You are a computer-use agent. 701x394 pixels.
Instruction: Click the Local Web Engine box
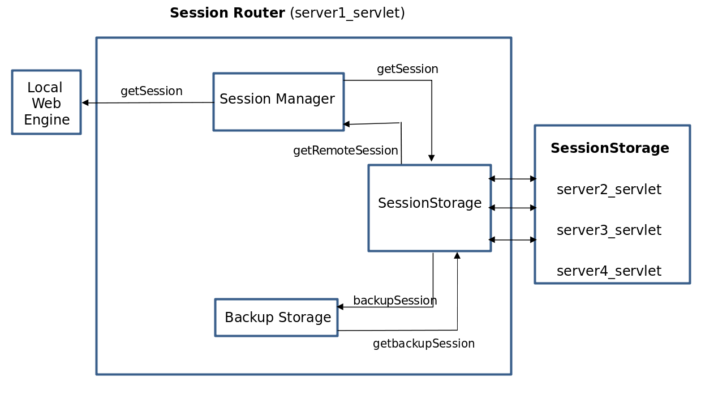pyautogui.click(x=46, y=102)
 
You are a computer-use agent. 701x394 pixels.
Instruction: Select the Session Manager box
pyautogui.click(x=278, y=101)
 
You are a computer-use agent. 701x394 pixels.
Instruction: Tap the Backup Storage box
pyautogui.click(x=277, y=318)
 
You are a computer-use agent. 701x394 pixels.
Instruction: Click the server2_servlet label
pyautogui.click(x=609, y=190)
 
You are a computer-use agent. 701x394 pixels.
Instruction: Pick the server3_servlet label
pyautogui.click(x=609, y=230)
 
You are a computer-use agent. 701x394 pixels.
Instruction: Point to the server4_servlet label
pyautogui.click(x=609, y=271)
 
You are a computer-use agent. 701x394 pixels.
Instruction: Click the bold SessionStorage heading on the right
pyautogui.click(x=609, y=148)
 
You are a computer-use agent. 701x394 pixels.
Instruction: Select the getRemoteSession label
pyautogui.click(x=345, y=151)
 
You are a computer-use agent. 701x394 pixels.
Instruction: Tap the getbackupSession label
pyautogui.click(x=423, y=344)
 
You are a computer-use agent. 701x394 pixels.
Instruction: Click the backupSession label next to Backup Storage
pyautogui.click(x=395, y=301)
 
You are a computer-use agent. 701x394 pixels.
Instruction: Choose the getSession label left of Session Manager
pyautogui.click(x=151, y=91)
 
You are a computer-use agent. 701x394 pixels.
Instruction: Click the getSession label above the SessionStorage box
pyautogui.click(x=407, y=69)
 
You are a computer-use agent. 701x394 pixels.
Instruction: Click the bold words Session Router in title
pyautogui.click(x=227, y=13)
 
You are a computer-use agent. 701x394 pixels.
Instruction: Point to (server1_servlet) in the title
pyautogui.click(x=347, y=13)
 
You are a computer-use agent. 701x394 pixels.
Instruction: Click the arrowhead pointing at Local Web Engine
pyautogui.click(x=85, y=103)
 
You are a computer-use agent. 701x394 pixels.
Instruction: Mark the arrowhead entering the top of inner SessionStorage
pyautogui.click(x=432, y=159)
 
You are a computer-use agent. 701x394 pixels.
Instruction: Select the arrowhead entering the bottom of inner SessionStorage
pyautogui.click(x=457, y=256)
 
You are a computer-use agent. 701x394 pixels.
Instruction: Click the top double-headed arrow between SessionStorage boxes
pyautogui.click(x=513, y=179)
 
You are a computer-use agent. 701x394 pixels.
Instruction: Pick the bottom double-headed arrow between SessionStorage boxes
pyautogui.click(x=513, y=240)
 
